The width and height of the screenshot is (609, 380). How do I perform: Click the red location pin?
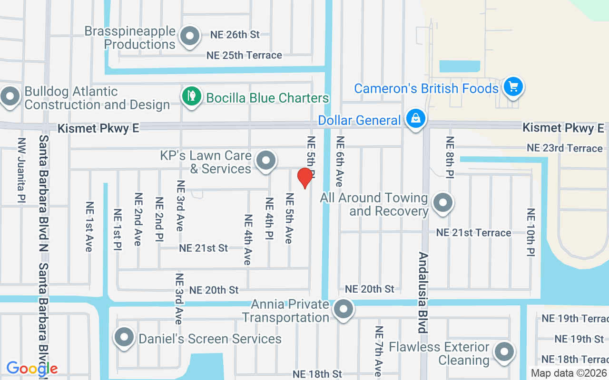tap(304, 178)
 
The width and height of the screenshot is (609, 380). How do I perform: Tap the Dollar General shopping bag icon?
tap(416, 118)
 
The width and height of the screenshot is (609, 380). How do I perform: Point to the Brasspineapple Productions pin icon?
tap(190, 36)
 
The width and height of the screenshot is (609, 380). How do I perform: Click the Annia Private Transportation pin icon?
tap(343, 309)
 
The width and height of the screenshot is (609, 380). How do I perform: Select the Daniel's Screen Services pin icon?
tap(124, 337)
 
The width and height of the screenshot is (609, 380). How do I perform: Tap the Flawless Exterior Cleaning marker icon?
tap(504, 352)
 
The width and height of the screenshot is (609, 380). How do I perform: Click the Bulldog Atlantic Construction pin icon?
tap(10, 96)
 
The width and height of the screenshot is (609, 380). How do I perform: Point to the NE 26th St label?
tap(235, 35)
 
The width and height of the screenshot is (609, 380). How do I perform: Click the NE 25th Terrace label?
tap(244, 55)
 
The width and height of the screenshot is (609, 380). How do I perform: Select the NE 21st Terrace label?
tap(474, 233)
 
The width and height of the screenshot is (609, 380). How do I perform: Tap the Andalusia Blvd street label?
tap(422, 292)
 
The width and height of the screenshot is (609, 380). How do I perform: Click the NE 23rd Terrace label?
tap(565, 148)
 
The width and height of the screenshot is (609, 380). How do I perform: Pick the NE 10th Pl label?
tap(531, 233)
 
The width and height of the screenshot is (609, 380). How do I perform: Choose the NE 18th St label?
tap(317, 374)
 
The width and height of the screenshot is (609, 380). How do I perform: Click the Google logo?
tap(32, 368)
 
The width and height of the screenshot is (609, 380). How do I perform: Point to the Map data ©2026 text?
tap(569, 373)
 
